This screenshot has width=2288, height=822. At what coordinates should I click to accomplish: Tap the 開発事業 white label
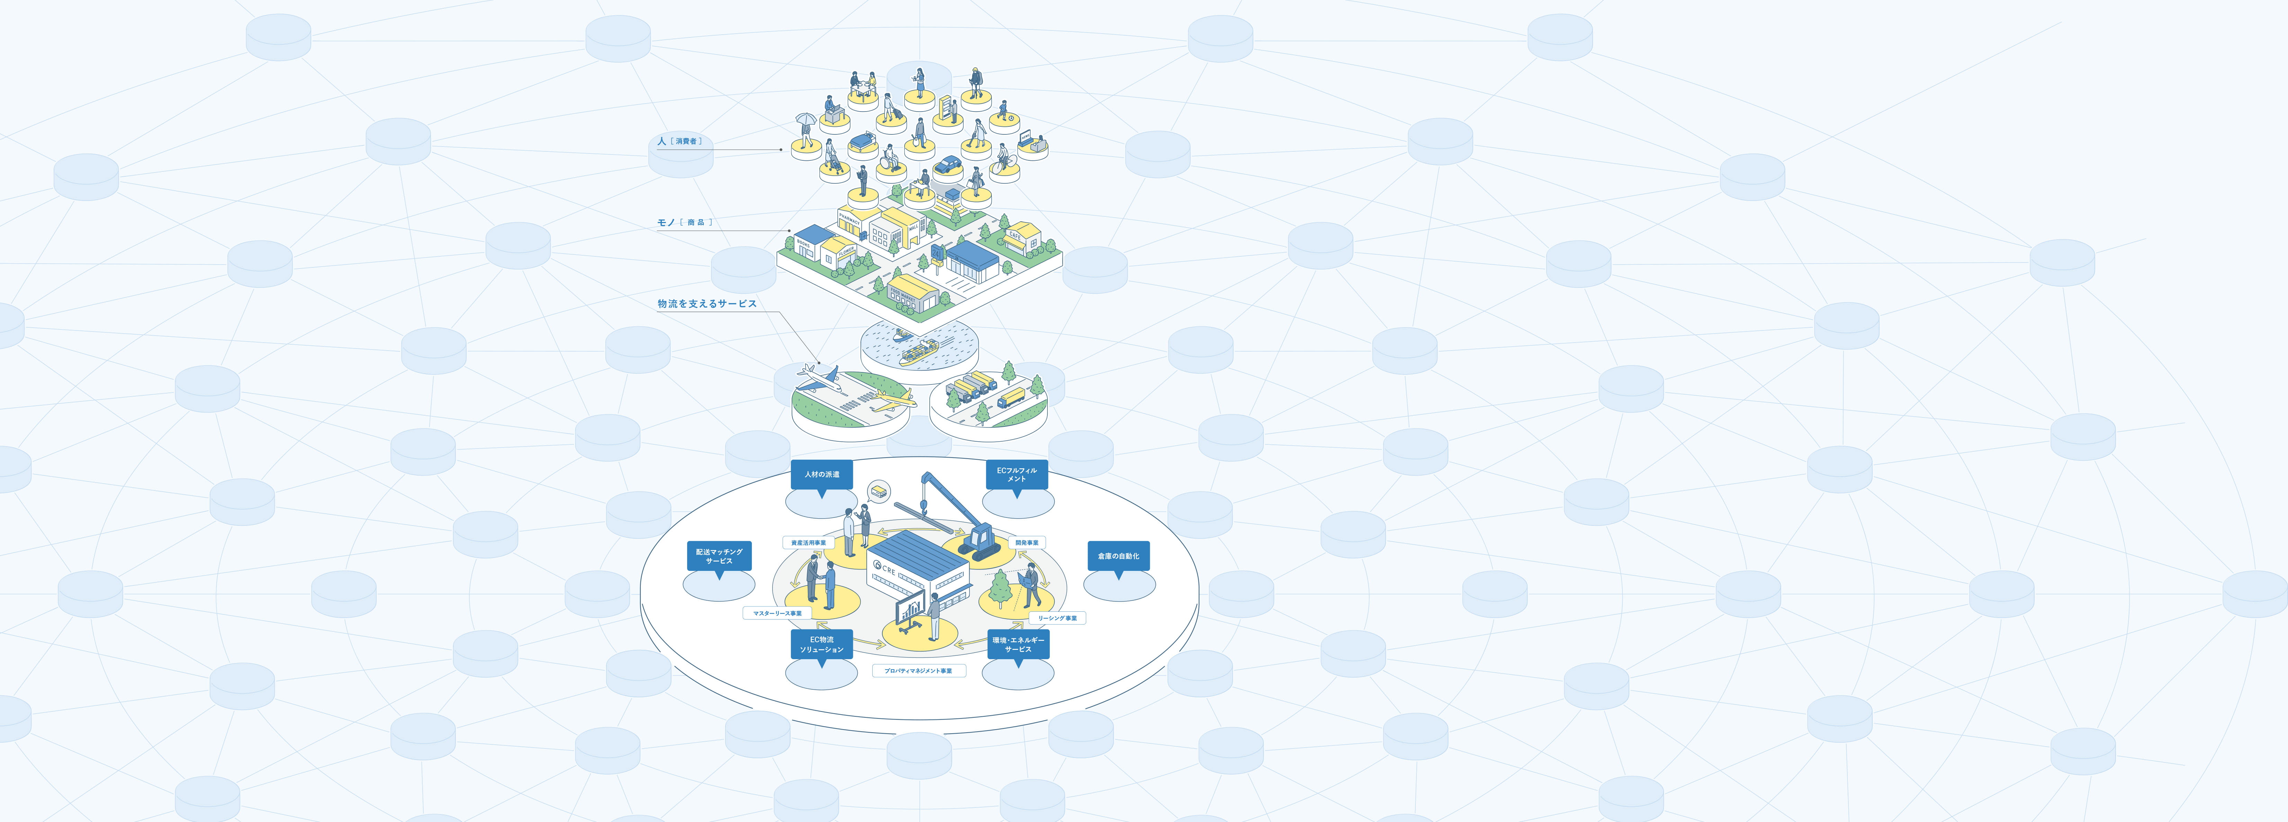click(1027, 542)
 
